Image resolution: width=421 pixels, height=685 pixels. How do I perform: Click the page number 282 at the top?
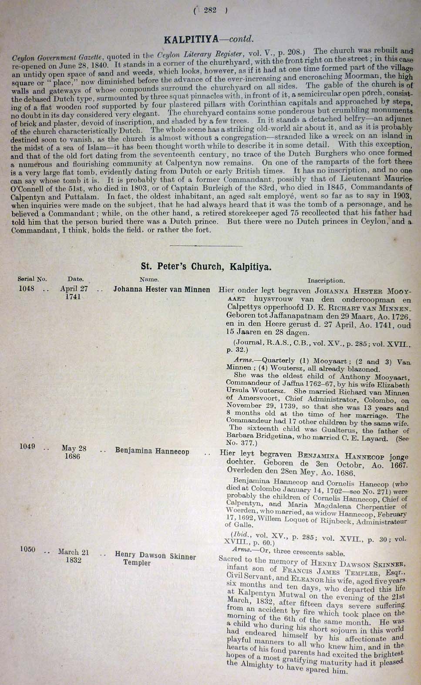click(210, 11)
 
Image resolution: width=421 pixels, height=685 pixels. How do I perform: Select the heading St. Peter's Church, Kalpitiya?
click(206, 266)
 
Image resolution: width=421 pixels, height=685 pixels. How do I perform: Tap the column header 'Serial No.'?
click(32, 279)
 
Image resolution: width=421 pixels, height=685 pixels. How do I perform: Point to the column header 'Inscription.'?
click(326, 281)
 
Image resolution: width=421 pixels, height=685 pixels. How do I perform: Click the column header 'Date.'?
click(76, 279)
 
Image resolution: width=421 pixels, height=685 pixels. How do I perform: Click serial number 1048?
click(27, 288)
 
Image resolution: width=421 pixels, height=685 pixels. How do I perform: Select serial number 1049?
click(27, 447)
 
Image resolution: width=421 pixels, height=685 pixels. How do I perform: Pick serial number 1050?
click(27, 550)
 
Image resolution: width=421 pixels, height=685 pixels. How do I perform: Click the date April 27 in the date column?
click(74, 288)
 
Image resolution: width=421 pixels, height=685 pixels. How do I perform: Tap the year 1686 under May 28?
click(72, 457)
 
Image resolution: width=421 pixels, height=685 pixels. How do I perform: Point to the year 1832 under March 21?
click(73, 560)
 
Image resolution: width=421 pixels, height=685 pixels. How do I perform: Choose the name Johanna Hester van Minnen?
click(162, 290)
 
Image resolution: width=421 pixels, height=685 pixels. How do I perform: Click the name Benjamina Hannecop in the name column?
click(152, 451)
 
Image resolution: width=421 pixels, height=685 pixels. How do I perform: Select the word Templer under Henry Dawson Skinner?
click(137, 563)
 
